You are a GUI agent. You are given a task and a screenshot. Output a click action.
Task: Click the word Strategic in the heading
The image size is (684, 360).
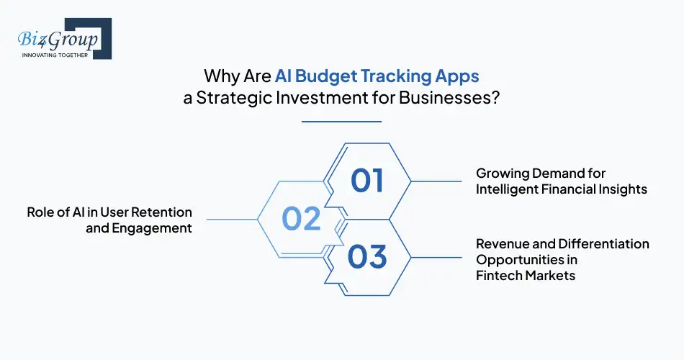(238, 99)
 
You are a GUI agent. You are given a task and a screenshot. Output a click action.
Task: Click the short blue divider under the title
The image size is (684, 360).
(341, 122)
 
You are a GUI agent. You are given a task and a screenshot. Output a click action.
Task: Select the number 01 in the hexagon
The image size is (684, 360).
(367, 181)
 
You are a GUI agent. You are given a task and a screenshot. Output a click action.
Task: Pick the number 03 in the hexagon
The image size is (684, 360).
(367, 256)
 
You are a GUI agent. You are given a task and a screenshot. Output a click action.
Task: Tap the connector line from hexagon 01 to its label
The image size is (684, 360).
(436, 181)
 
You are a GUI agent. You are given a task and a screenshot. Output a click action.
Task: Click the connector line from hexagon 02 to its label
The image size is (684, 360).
(231, 219)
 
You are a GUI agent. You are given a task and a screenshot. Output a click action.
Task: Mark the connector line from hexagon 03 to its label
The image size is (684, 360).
(436, 256)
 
